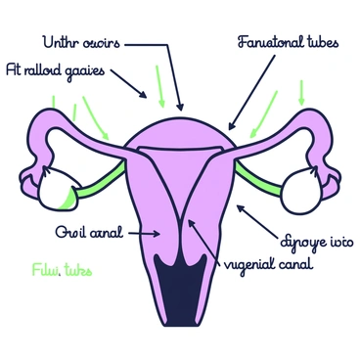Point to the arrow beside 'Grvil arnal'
tap(147, 233)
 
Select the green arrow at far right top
tap(300, 93)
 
